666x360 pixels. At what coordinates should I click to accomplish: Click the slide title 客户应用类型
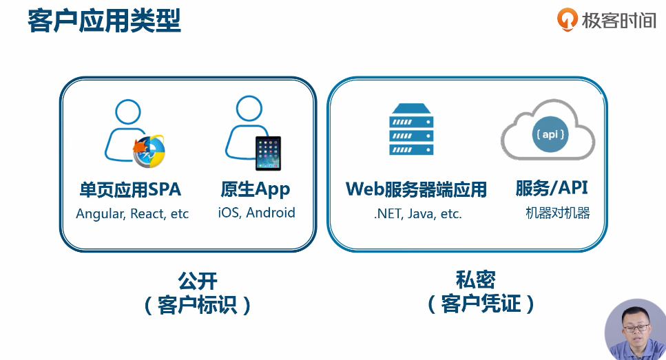coord(104,21)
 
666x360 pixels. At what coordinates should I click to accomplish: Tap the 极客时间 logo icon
coord(567,19)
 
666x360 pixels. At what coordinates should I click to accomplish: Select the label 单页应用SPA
coord(130,189)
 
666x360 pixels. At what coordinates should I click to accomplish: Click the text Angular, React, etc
coord(132,213)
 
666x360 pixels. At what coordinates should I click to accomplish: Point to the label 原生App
coord(255,189)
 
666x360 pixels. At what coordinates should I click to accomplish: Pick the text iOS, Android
coord(256,213)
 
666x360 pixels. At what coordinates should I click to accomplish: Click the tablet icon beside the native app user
coord(268,153)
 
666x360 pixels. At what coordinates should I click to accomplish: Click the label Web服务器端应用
coord(416,189)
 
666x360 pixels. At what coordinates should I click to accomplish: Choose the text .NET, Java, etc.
coord(417,214)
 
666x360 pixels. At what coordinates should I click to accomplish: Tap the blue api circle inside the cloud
coord(550,135)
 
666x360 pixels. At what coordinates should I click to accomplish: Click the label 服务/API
coord(552,189)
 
